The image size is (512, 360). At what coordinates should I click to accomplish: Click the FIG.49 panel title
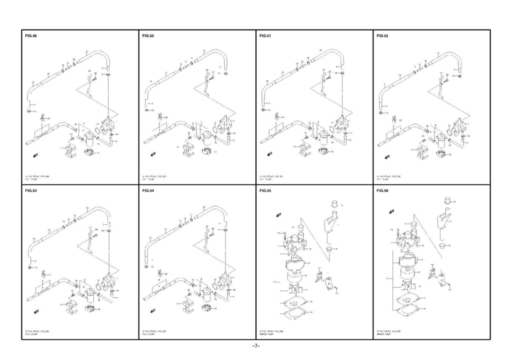(30, 36)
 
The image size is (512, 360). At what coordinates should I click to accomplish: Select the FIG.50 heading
(148, 36)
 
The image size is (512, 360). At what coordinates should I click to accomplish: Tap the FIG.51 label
(265, 36)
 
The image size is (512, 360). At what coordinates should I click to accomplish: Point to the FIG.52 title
(382, 36)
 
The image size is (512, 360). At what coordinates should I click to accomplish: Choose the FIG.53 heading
(30, 190)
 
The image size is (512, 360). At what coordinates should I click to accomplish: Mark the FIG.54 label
(148, 190)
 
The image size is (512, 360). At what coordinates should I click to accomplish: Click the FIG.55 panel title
(265, 190)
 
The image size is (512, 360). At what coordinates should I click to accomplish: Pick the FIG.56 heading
(382, 190)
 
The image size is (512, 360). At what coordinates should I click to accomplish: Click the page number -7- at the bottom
(255, 346)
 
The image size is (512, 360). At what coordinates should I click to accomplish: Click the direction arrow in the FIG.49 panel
(34, 156)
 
